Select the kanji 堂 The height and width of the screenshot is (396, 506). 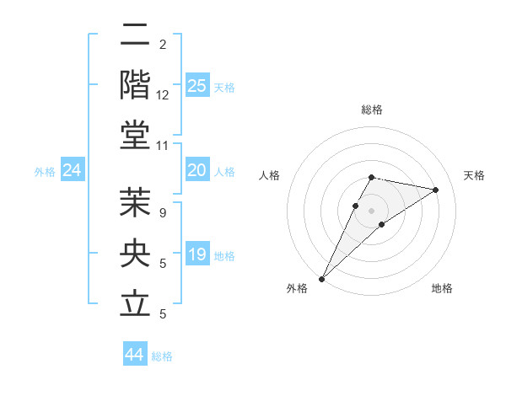[x=136, y=135]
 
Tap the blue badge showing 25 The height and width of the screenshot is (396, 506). [x=197, y=86]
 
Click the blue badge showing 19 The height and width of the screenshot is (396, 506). [x=197, y=254]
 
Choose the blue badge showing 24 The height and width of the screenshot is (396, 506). [x=72, y=171]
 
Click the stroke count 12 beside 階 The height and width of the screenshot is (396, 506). [x=163, y=95]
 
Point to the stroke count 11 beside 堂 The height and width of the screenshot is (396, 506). [x=163, y=146]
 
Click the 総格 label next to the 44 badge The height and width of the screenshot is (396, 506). [x=162, y=356]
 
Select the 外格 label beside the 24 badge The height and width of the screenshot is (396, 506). [x=45, y=172]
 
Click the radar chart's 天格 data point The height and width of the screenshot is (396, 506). [x=436, y=190]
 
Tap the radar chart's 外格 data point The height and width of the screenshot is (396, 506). [x=322, y=278]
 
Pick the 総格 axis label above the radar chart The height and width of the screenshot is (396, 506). [x=371, y=110]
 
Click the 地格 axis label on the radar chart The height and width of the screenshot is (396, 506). [x=442, y=288]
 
